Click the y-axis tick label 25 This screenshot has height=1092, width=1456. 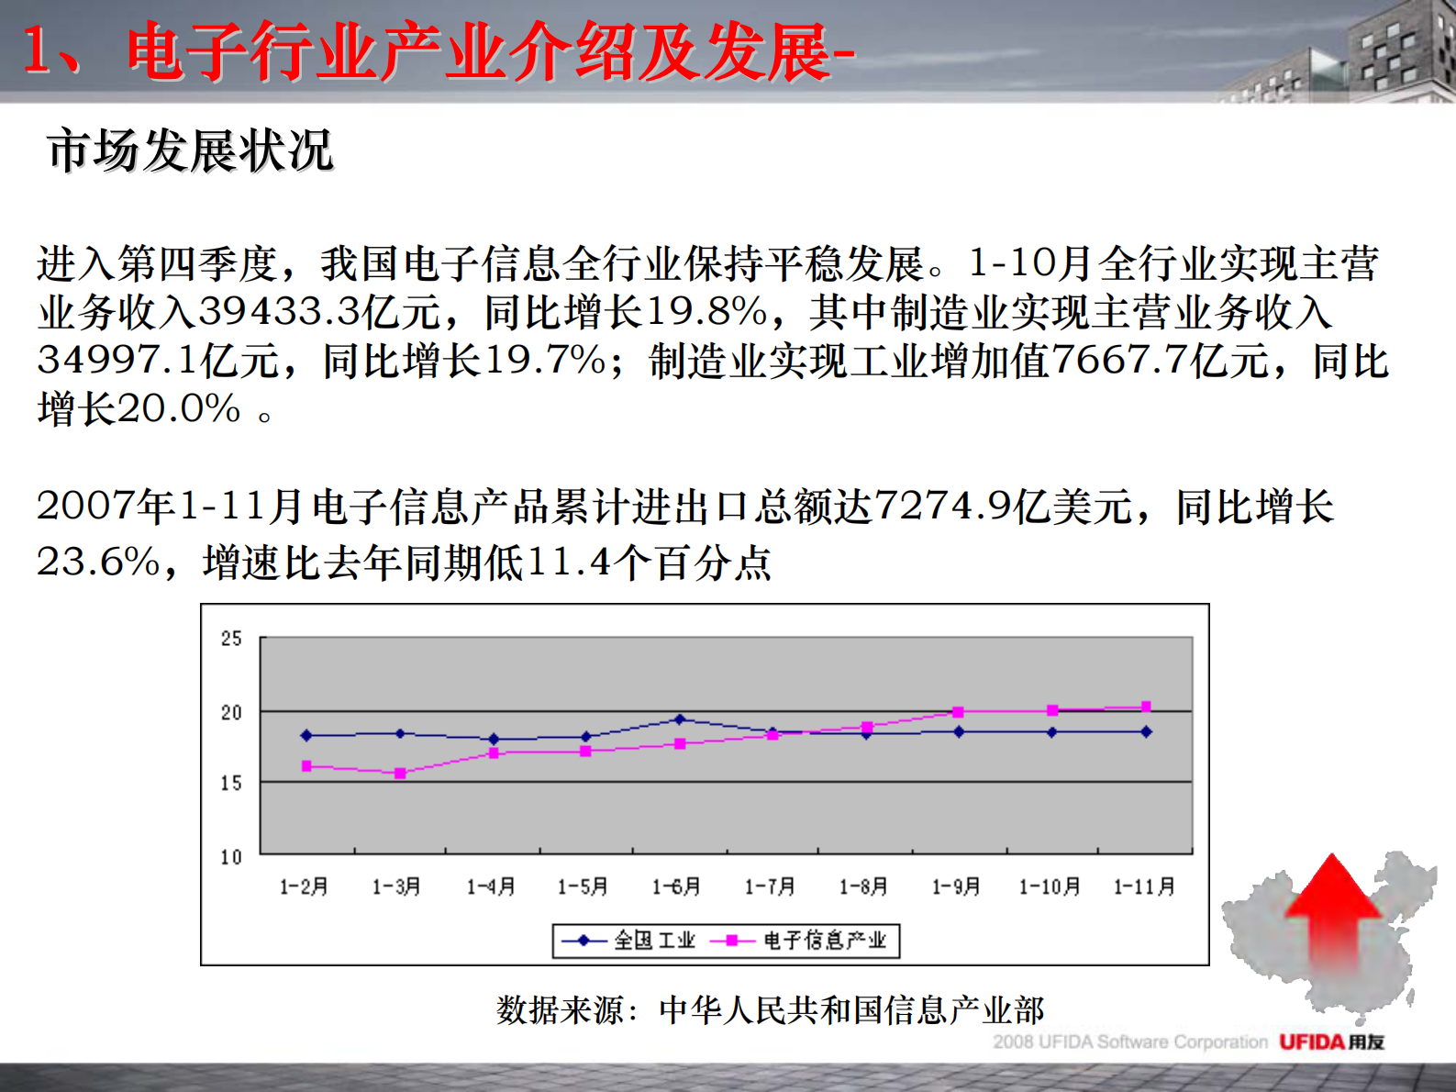(x=231, y=639)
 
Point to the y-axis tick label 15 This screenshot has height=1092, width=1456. (x=231, y=783)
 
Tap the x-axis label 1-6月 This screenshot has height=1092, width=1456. (x=676, y=886)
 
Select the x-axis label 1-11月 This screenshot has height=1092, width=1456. (x=1144, y=886)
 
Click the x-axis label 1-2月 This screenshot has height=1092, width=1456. (x=304, y=886)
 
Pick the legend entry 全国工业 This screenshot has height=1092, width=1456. (x=628, y=941)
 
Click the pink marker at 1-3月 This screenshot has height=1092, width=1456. (x=400, y=774)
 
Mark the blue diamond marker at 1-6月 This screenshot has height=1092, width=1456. (x=680, y=719)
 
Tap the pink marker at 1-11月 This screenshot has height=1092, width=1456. (x=1146, y=707)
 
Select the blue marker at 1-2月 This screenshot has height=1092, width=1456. (x=306, y=735)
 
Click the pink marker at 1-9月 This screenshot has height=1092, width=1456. (x=958, y=712)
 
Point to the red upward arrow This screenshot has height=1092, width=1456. (x=1332, y=908)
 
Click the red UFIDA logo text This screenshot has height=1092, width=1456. (x=1312, y=1042)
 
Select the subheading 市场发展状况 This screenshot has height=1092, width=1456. (x=190, y=150)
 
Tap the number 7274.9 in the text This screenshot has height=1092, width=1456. (x=942, y=506)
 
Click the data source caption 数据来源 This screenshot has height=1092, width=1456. (x=770, y=1010)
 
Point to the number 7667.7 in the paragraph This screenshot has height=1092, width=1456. (x=1120, y=361)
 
